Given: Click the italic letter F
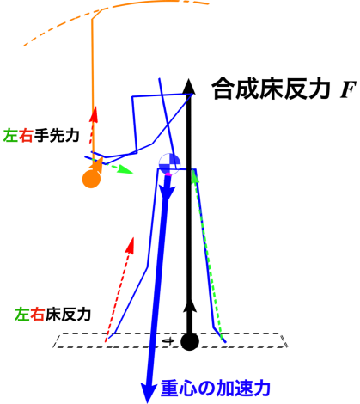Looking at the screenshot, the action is coord(348,89).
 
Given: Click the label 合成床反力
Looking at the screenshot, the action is coord(271,89).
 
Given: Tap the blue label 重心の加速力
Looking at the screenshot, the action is coord(216,389).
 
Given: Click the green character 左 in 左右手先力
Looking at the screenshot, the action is coord(10,135).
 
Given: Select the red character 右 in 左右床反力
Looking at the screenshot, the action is coord(37,315).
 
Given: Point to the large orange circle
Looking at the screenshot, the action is coord(91,179).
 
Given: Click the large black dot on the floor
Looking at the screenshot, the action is coord(190,341).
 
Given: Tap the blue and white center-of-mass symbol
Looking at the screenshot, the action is coord(169,163).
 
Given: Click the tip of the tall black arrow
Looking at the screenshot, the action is coord(188,78).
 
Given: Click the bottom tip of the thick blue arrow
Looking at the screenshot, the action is coord(147,402).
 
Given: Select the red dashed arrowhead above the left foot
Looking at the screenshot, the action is coord(131,244).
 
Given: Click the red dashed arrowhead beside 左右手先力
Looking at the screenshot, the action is coord(94,114).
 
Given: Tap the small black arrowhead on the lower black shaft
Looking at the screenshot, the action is coord(190,305).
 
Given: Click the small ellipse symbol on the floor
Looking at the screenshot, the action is coord(168,340).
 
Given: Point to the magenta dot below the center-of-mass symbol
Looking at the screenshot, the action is coord(168,174).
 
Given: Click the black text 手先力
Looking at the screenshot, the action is coord(57,135).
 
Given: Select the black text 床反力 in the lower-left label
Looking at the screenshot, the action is coord(68,315).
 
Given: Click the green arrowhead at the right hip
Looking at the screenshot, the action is coord(195,175).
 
